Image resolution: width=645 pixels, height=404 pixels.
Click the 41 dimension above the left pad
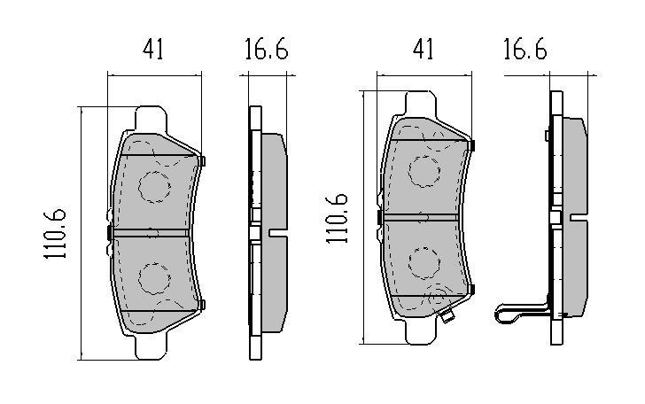[x=153, y=50]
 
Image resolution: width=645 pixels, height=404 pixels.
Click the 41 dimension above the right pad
[x=424, y=50]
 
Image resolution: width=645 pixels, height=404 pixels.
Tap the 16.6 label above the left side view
[x=267, y=50]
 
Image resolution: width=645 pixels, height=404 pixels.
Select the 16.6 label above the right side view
[x=525, y=50]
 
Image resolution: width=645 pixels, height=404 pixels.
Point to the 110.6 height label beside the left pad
[x=55, y=234]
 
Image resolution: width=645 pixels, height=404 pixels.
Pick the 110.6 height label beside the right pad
[x=337, y=219]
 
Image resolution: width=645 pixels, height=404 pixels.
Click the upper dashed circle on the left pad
[x=155, y=187]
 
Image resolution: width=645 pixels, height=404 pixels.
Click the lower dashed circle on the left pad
[x=155, y=278]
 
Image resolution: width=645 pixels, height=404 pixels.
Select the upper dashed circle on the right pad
[x=424, y=172]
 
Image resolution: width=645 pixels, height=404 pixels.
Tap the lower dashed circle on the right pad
[x=425, y=263]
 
